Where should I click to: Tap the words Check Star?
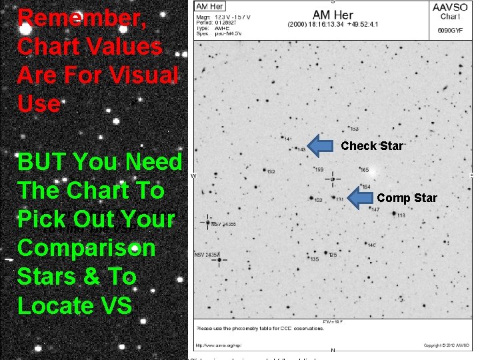[x=372, y=146]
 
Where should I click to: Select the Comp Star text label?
[x=407, y=198]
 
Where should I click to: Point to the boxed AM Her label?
[x=209, y=7]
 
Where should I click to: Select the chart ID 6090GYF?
[x=451, y=31]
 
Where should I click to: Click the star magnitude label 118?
[x=401, y=215]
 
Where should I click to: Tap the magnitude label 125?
[x=333, y=255]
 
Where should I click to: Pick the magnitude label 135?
[x=314, y=259]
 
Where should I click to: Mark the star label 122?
[x=318, y=200]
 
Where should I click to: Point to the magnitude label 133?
[x=355, y=129]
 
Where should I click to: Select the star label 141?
[x=287, y=139]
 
